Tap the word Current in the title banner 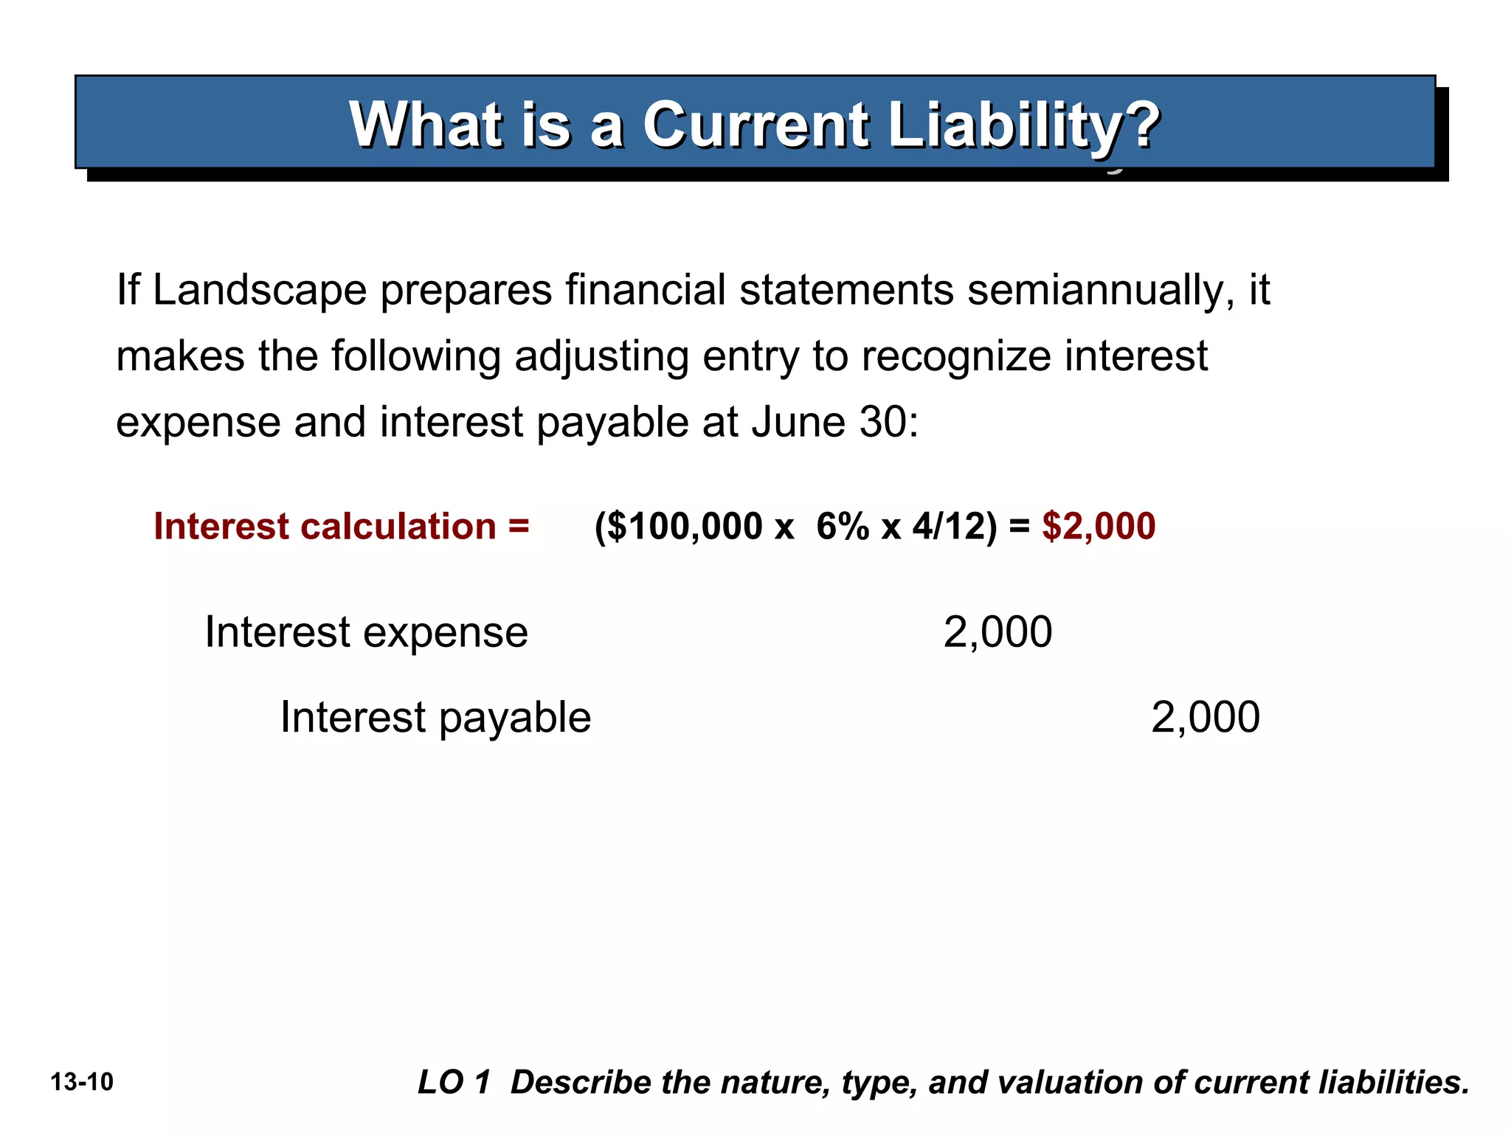(x=755, y=125)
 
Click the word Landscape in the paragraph (x=260, y=290)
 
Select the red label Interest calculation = (x=342, y=527)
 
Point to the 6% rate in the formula (x=843, y=527)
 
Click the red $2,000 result (x=1099, y=527)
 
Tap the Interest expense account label (x=367, y=632)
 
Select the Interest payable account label (x=436, y=717)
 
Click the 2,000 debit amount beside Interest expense (x=997, y=632)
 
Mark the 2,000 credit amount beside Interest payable (x=1206, y=717)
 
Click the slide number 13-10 (x=82, y=1082)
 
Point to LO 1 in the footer (x=454, y=1082)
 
